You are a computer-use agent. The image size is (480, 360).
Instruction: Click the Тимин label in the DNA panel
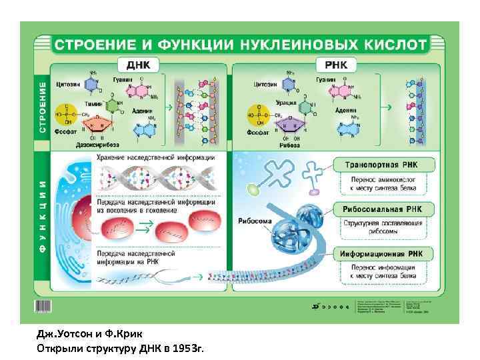click(x=94, y=103)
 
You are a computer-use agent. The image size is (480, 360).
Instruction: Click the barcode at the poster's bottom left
click(x=43, y=306)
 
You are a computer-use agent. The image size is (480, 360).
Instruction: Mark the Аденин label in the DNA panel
click(x=141, y=111)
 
